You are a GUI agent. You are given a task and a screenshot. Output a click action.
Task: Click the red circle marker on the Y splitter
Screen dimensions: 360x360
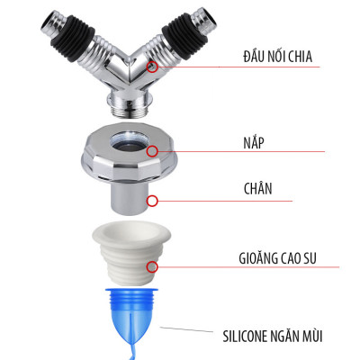pyautogui.click(x=153, y=66)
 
